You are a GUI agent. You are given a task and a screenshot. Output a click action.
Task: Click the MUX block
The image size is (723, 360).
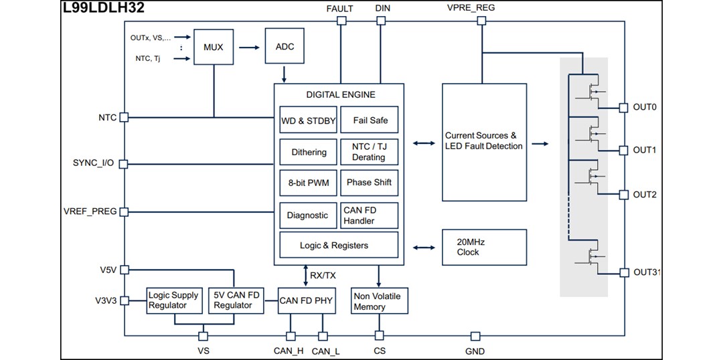point(214,48)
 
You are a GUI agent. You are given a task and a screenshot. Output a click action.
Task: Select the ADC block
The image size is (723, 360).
point(285,47)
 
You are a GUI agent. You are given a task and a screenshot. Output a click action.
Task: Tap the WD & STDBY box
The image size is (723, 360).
point(308,121)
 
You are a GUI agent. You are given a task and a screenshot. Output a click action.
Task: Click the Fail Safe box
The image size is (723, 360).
point(370,121)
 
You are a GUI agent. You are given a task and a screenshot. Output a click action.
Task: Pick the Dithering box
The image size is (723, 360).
point(308,152)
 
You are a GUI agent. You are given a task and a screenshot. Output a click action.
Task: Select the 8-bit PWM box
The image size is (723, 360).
point(308,183)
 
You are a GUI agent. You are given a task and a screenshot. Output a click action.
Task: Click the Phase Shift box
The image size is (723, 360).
point(370,183)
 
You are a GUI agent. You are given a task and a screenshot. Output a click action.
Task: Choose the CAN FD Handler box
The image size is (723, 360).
point(370,215)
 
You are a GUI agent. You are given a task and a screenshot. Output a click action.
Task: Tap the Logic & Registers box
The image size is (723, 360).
point(339,246)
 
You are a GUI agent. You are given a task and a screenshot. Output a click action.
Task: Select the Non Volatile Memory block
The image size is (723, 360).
point(379,302)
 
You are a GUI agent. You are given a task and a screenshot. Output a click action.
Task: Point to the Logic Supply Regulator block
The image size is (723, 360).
point(174,300)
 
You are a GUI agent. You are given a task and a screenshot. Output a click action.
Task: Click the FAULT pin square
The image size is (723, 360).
point(341,21)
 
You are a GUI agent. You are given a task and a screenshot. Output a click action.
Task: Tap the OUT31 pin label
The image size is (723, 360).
point(647,272)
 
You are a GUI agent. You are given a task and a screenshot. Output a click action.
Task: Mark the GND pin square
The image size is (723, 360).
point(475,335)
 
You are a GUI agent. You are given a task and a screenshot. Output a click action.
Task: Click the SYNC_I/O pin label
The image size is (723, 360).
point(93,163)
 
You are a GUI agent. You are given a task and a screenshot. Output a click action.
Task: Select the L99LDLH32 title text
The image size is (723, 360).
point(104,8)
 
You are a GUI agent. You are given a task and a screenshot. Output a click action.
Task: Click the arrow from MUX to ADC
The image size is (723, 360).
point(248,48)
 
